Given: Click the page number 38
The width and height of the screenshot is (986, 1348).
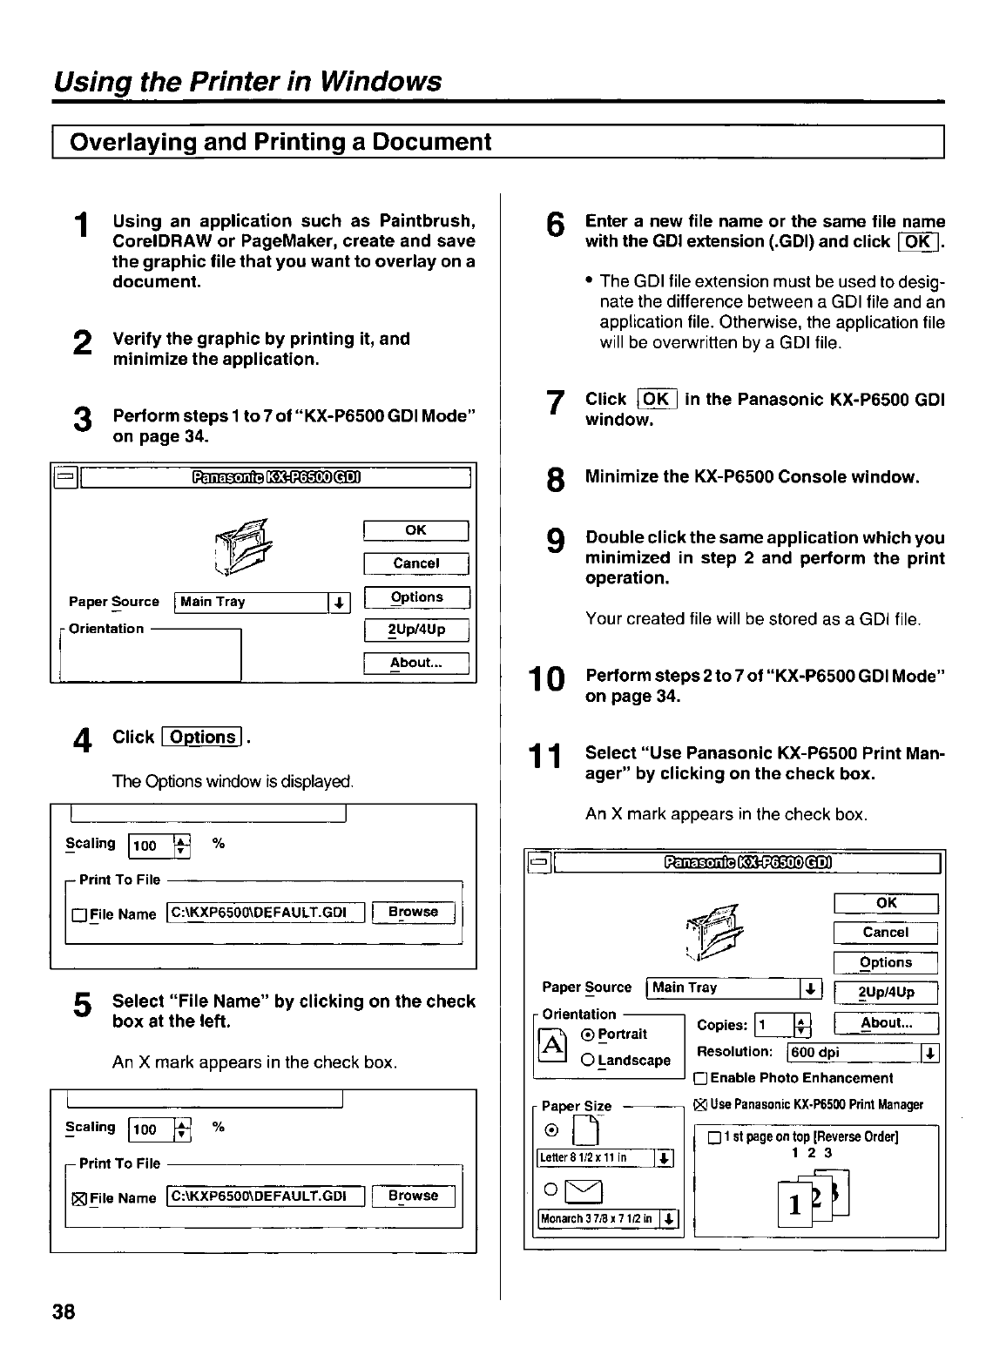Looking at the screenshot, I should coord(64,1311).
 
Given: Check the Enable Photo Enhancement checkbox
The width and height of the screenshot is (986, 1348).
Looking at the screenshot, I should coord(699,1079).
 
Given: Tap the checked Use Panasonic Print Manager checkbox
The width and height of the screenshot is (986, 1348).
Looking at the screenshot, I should coord(699,1105).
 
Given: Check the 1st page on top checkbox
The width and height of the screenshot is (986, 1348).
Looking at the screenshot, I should coord(714,1137).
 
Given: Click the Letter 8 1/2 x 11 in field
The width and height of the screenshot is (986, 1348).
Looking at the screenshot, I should coord(594,1157).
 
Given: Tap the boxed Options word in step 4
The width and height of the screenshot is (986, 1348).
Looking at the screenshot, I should coord(203,738).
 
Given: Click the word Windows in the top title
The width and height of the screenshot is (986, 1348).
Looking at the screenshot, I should coord(380,82).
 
